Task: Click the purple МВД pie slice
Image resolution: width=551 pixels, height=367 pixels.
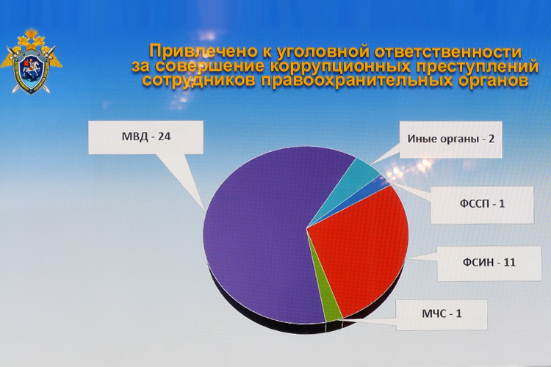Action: (x=257, y=235)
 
